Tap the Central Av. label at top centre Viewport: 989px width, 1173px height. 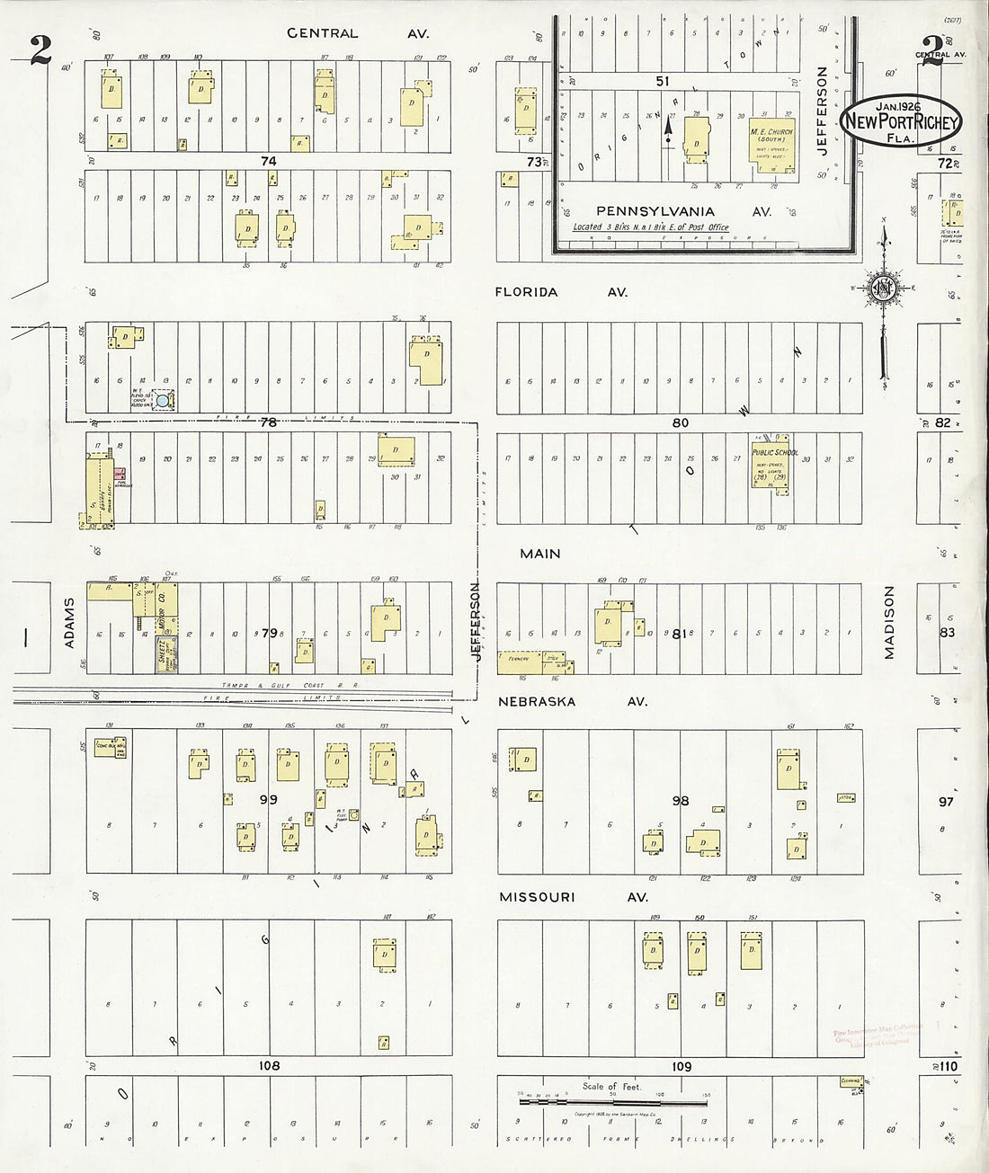(357, 33)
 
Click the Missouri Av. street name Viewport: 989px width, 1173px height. (574, 897)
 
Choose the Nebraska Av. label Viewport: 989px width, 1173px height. (573, 701)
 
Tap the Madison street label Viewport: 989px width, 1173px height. (889, 622)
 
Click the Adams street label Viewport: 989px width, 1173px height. (69, 622)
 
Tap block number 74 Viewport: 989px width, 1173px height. (268, 161)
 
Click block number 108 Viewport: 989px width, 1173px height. (269, 1066)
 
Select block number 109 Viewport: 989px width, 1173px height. (682, 1067)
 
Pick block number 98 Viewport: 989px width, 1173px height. (681, 801)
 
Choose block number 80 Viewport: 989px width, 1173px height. (681, 422)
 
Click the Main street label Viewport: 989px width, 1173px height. (539, 554)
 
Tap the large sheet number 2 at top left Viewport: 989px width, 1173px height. (40, 51)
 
